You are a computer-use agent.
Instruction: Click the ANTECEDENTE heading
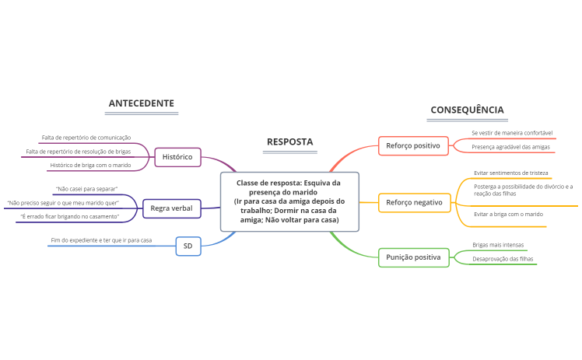[141, 103]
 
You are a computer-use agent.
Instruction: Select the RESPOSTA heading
[289, 142]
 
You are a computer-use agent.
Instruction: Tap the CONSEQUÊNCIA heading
[467, 110]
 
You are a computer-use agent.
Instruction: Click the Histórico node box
[177, 157]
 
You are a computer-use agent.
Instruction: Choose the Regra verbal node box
[171, 208]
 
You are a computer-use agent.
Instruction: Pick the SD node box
[188, 246]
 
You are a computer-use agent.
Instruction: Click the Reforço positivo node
[412, 145]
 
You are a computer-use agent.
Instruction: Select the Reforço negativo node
[414, 203]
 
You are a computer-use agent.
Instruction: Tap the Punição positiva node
[413, 257]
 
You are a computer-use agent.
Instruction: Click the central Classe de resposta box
[289, 201]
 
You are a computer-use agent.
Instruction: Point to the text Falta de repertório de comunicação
[86, 138]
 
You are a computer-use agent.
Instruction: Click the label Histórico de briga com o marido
[90, 165]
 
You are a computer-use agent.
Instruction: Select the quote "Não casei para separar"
[86, 189]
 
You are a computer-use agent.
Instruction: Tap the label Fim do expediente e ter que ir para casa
[101, 240]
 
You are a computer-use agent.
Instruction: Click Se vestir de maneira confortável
[512, 133]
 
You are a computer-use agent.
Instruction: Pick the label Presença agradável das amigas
[510, 146]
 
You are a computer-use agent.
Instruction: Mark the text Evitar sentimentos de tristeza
[510, 173]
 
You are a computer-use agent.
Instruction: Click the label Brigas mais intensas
[499, 245]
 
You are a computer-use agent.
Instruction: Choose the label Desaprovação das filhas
[503, 258]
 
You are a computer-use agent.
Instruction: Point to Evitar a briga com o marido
[508, 214]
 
